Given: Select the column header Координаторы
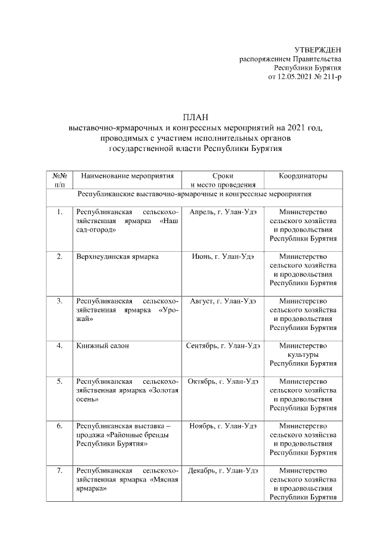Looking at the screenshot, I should point(303,177).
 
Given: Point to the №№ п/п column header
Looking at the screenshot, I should point(60,181).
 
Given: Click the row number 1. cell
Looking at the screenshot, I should point(60,212).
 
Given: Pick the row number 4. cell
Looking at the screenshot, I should point(60,346).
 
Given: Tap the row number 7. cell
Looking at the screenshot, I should point(60,471).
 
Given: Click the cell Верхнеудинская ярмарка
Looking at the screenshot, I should point(117,257).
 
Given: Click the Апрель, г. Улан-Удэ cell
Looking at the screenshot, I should point(223,212).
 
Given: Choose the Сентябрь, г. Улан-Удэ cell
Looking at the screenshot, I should point(223,346).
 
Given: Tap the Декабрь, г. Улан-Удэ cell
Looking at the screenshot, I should point(223,471).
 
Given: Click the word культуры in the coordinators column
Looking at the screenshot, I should point(303,354).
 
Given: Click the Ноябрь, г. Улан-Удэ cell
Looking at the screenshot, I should point(223,426).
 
